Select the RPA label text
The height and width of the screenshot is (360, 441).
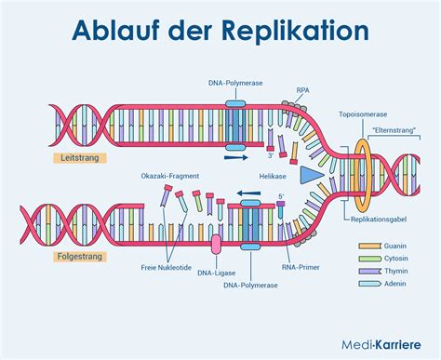click(303, 90)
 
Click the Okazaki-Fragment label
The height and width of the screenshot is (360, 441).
click(167, 173)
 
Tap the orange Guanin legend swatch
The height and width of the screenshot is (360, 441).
click(369, 247)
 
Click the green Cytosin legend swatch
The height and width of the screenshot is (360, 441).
click(369, 260)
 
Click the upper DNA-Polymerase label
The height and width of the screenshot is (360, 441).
click(235, 83)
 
